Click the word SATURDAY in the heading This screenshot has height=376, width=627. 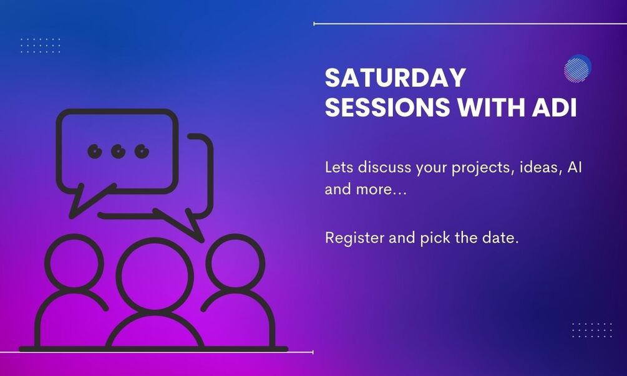point(396,77)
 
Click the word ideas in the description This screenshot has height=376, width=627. point(539,167)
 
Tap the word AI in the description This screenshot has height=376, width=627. point(575,166)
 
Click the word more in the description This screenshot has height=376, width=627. point(381,189)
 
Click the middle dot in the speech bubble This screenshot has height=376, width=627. point(119,152)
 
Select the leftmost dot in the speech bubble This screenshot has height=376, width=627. point(95,152)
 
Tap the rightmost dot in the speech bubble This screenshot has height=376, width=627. point(142,152)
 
